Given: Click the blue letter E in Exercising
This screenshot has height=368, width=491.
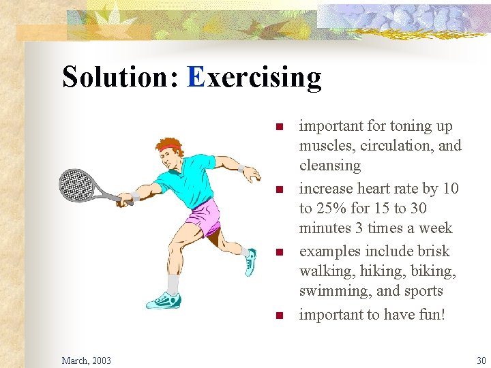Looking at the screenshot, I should tap(196, 77).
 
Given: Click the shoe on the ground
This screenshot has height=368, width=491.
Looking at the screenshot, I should tap(164, 299).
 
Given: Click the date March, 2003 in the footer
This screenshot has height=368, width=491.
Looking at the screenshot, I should tap(86, 360).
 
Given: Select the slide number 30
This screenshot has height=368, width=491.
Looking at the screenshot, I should tap(481, 360).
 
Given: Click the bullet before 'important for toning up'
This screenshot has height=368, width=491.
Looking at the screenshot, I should tap(278, 127).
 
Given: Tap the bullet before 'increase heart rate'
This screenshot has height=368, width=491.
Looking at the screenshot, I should tap(278, 189).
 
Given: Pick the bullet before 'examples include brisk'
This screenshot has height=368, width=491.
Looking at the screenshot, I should tap(278, 252).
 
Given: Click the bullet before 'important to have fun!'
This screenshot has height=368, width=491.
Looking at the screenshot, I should tap(278, 315).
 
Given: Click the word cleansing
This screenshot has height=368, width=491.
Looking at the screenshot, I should tap(330, 166).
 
